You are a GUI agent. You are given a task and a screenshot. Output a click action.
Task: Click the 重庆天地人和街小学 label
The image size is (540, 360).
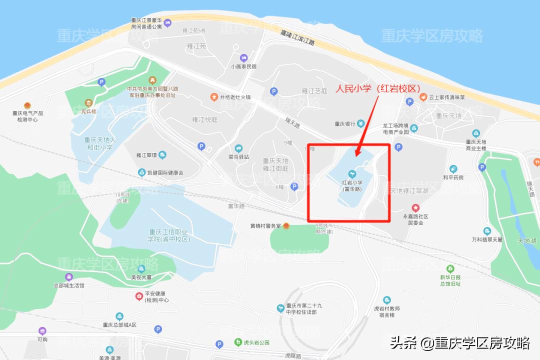(99, 144)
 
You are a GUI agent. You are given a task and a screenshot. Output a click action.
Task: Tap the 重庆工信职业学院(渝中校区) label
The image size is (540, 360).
(169, 235)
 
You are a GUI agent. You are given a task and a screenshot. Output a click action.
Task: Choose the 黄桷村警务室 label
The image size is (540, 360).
(266, 226)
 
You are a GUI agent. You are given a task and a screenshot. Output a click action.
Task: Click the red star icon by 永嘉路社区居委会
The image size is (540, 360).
(415, 207)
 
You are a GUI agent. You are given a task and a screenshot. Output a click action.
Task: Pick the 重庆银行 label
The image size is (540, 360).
(344, 124)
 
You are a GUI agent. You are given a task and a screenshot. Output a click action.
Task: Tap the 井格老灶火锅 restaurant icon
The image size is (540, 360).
(214, 97)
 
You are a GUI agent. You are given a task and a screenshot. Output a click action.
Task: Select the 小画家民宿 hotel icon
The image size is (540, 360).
(243, 57)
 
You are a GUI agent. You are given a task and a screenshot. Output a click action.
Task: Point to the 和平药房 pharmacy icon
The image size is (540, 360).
(453, 169)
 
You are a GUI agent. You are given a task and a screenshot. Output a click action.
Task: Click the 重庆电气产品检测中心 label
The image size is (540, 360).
(28, 116)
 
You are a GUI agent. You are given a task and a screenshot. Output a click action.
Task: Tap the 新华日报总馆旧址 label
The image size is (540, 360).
(450, 280)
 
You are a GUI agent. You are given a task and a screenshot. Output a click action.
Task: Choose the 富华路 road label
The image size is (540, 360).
(235, 205)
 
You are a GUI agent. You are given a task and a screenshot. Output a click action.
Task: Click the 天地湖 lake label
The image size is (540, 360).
(526, 241)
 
